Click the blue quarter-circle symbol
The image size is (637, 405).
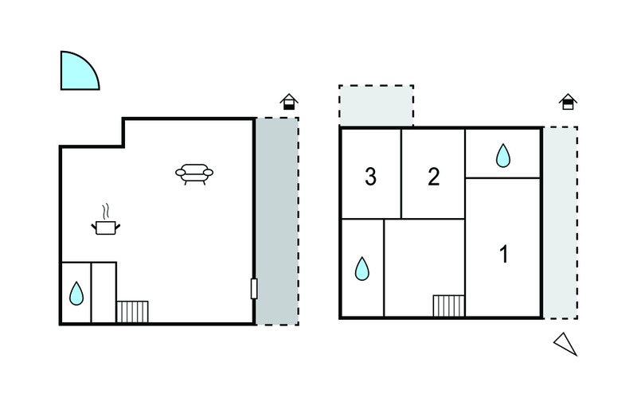pyautogui.click(x=77, y=73)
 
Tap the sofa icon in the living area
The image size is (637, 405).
pyautogui.click(x=194, y=173)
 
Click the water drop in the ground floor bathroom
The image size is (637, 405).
pyautogui.click(x=76, y=294)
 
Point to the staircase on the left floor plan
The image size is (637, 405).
pyautogui.click(x=132, y=312)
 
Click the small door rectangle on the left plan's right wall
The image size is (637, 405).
pyautogui.click(x=254, y=289)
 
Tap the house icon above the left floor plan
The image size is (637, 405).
pyautogui.click(x=289, y=102)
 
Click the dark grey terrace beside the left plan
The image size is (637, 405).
pyautogui.click(x=277, y=221)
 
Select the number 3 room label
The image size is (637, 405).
pyautogui.click(x=370, y=177)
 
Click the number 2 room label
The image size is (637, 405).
pyautogui.click(x=434, y=177)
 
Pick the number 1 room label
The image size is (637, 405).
pyautogui.click(x=504, y=255)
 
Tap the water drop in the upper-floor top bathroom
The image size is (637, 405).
pyautogui.click(x=503, y=155)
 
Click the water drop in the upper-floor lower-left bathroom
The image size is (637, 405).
pyautogui.click(x=362, y=269)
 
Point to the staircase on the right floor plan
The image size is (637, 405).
pyautogui.click(x=448, y=306)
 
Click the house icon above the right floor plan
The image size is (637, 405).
pyautogui.click(x=568, y=102)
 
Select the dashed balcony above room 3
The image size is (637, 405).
pyautogui.click(x=376, y=106)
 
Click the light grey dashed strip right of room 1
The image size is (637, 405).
pyautogui.click(x=561, y=223)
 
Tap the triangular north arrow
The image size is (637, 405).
pyautogui.click(x=566, y=343)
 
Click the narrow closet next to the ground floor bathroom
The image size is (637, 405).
pyautogui.click(x=104, y=293)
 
